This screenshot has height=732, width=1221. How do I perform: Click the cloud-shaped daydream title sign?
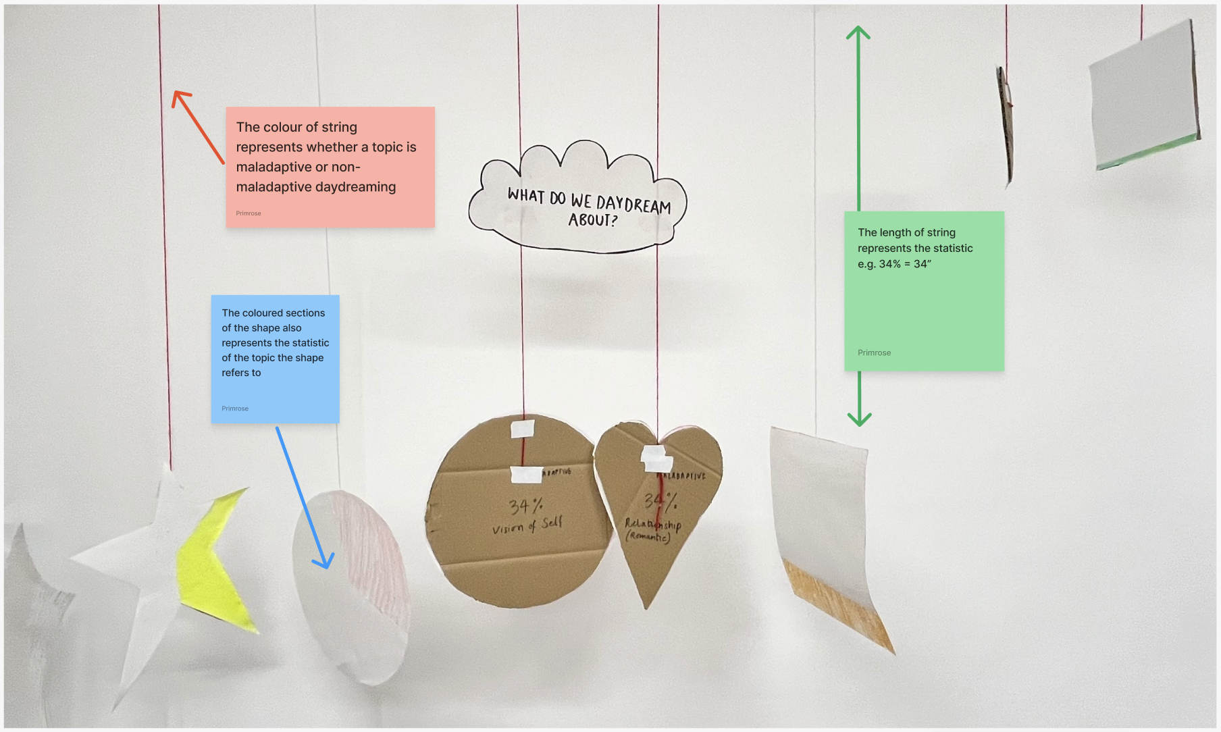(x=577, y=199)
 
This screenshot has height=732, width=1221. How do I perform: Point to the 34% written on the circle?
(x=525, y=506)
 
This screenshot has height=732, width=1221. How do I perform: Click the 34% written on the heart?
(x=659, y=501)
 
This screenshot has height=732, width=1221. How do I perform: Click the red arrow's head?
(x=178, y=98)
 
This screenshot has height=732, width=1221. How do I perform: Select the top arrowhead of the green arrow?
(x=858, y=32)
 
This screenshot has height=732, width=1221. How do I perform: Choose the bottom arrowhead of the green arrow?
(x=859, y=420)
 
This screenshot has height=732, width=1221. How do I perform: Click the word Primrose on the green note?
(x=874, y=352)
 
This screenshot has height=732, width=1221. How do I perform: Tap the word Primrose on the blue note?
(x=235, y=409)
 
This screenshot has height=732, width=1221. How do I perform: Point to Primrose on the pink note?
(x=249, y=213)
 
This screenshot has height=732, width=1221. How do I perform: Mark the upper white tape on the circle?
(x=522, y=428)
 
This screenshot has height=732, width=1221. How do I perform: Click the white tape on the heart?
(x=656, y=459)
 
